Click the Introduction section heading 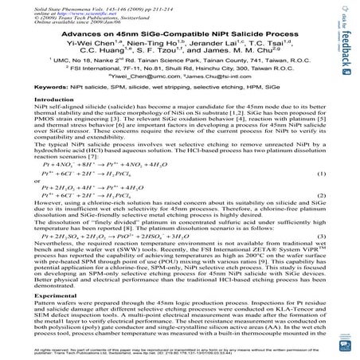click(46, 122)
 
